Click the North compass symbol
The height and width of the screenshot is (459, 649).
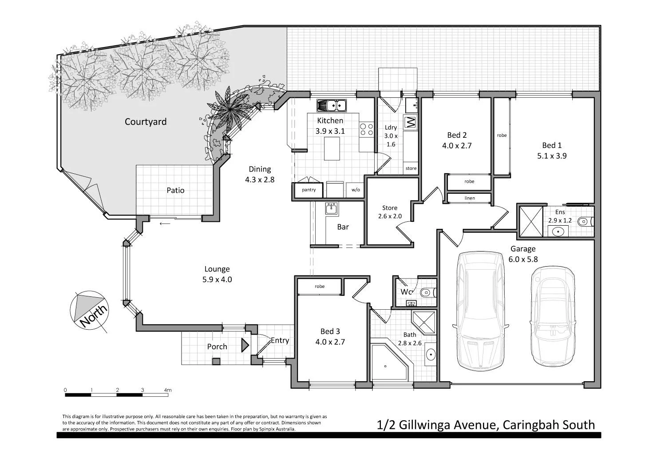[91, 310]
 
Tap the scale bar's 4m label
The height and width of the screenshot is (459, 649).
[167, 390]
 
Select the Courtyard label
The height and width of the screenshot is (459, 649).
[146, 122]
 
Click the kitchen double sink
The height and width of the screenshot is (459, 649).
[331, 106]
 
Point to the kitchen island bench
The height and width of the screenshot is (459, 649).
[332, 148]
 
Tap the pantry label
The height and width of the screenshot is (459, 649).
[309, 190]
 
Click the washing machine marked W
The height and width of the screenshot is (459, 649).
[410, 122]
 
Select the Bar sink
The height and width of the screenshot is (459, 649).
[331, 208]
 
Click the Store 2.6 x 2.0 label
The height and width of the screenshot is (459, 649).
[390, 212]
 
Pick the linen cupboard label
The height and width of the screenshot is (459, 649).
[469, 198]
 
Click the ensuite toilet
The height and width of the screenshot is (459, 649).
[586, 221]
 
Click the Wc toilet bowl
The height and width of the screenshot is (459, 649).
[427, 292]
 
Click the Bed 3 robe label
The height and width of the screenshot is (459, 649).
[320, 286]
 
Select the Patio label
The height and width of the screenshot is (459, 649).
[175, 190]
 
